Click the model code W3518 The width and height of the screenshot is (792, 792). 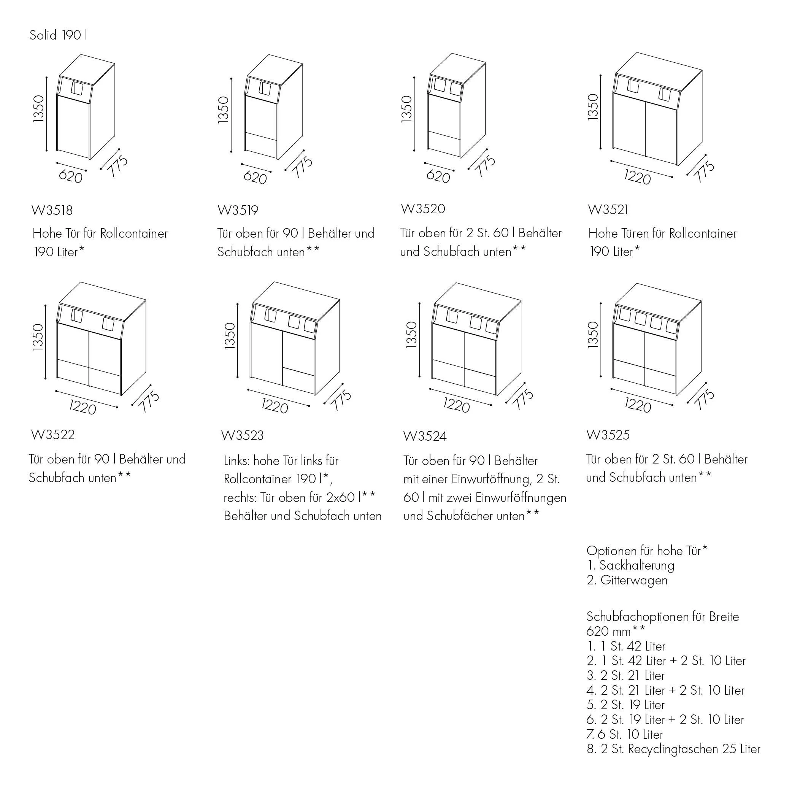(x=52, y=210)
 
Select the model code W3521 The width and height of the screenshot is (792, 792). (x=608, y=210)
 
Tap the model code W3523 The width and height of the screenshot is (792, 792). (x=242, y=435)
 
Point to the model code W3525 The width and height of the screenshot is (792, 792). (x=608, y=435)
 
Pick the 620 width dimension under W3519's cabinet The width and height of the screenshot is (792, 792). (x=255, y=178)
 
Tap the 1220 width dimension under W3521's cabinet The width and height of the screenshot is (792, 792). (x=638, y=178)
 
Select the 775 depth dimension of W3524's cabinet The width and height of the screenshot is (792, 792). (x=524, y=400)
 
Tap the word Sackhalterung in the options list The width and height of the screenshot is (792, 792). (x=636, y=566)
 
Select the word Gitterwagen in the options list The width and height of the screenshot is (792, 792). (x=634, y=581)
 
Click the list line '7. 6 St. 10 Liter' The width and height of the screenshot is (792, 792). (x=625, y=735)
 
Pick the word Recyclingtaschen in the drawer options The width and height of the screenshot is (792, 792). (x=673, y=749)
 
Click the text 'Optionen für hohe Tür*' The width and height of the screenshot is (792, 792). (x=647, y=551)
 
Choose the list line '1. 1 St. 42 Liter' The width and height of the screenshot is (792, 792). (x=626, y=646)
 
